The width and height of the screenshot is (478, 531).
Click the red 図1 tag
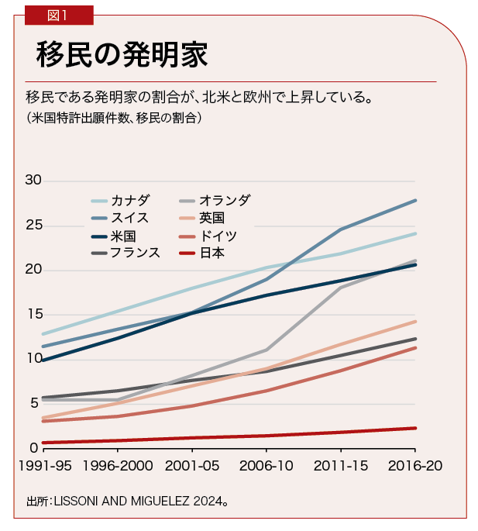pyautogui.click(x=58, y=14)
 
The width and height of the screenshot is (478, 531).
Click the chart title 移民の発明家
pyautogui.click(x=123, y=54)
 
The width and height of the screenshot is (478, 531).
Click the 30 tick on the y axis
pyautogui.click(x=32, y=181)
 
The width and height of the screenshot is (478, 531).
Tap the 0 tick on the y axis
pyautogui.click(x=35, y=448)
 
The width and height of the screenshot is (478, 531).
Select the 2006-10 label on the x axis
pyautogui.click(x=266, y=467)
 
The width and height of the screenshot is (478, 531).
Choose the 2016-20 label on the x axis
pyautogui.click(x=415, y=467)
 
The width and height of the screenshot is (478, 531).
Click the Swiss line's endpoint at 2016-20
pyautogui.click(x=416, y=200)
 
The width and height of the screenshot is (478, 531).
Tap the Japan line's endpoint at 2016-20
pyautogui.click(x=416, y=428)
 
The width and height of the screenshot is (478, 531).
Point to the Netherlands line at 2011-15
pyautogui.click(x=341, y=288)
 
